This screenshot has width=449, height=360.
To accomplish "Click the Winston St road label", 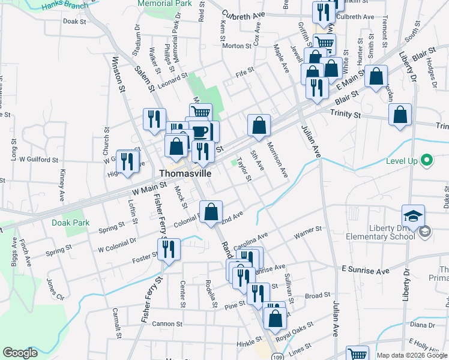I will pyautogui.click(x=118, y=74).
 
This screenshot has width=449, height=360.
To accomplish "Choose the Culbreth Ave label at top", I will pyautogui.click(x=243, y=14).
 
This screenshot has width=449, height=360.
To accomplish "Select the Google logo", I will pyautogui.click(x=20, y=353).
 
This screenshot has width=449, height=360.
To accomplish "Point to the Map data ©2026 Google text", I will pyautogui.click(x=411, y=355).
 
